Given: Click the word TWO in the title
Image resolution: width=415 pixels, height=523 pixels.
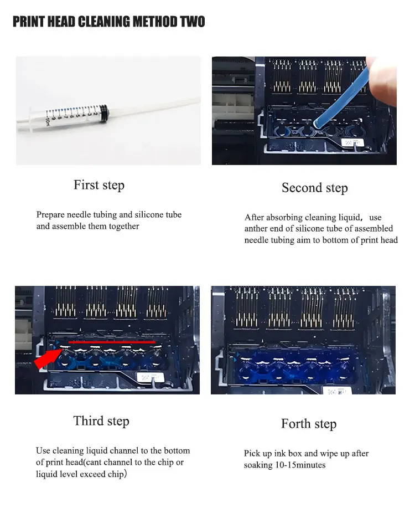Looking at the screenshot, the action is [x=193, y=22].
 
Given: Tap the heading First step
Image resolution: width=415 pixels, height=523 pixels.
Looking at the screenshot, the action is [x=99, y=185].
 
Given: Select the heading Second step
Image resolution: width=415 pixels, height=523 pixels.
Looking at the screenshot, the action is [x=315, y=187].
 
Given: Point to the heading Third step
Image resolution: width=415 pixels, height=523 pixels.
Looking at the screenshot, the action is [x=101, y=421].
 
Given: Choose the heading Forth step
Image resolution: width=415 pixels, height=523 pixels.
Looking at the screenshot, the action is [x=309, y=424].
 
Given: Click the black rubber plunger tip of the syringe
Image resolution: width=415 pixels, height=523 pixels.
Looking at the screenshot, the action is [x=103, y=111].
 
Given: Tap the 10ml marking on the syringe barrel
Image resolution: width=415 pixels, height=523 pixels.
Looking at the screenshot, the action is [x=48, y=122].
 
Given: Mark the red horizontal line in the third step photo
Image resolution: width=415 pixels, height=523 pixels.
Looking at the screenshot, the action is [x=112, y=342].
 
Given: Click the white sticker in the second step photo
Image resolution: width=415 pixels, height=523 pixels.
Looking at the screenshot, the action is [x=352, y=142].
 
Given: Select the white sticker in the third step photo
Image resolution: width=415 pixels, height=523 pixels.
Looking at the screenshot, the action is [x=150, y=377].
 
